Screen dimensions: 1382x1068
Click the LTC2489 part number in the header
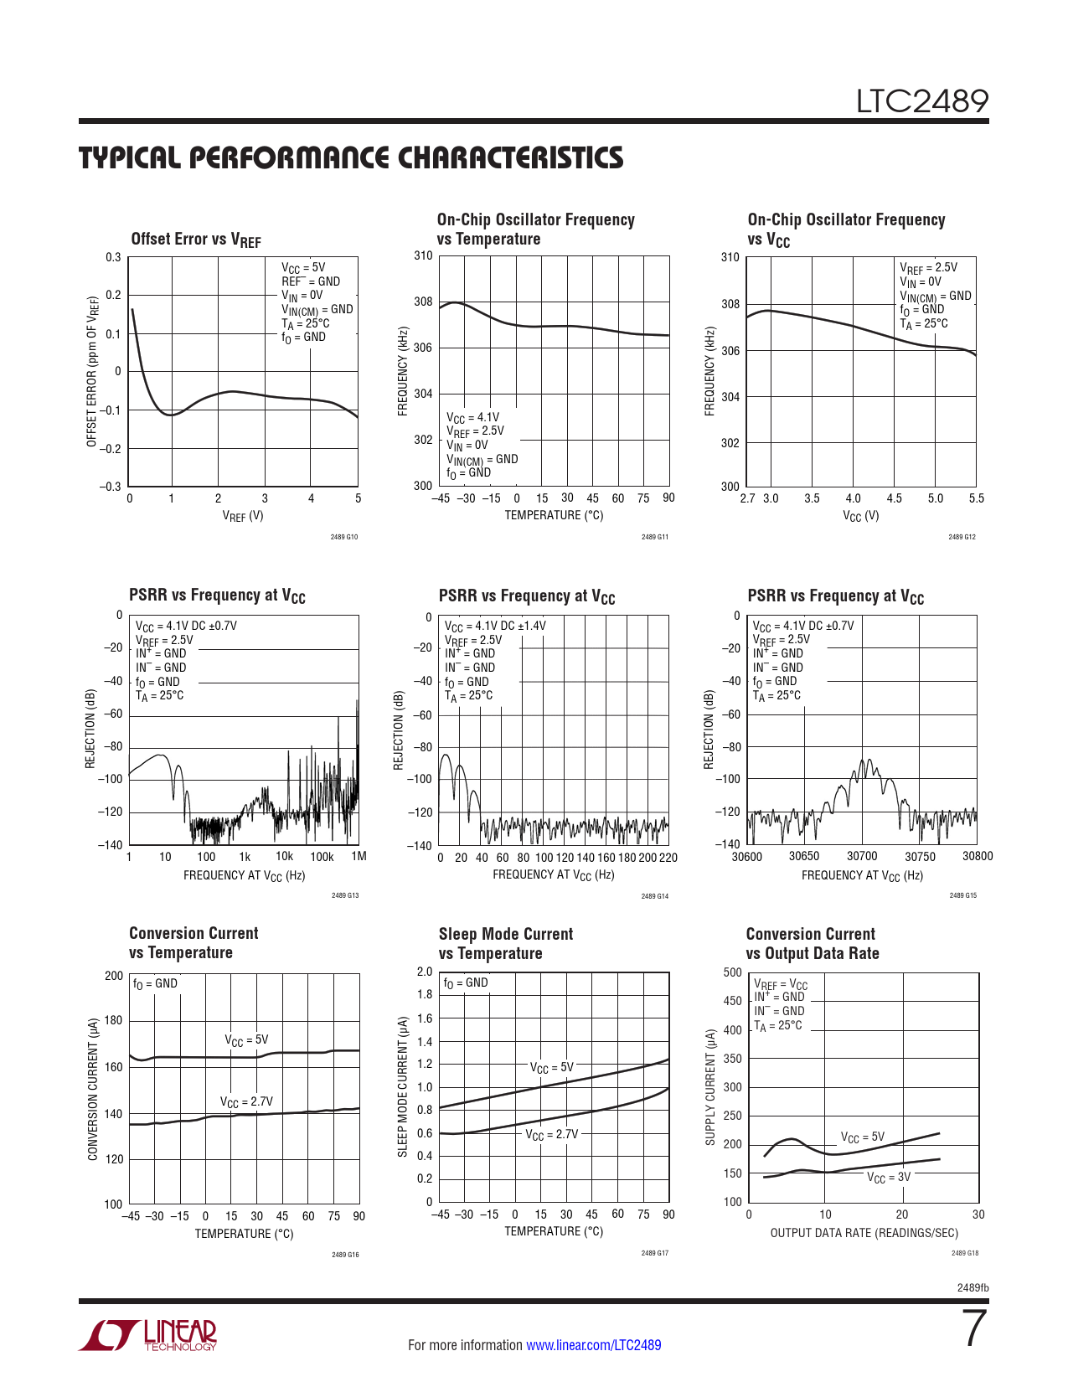[921, 101]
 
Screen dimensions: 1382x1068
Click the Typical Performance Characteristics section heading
[351, 157]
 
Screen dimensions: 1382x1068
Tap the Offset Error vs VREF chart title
[196, 240]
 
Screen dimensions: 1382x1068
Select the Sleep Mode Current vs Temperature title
[505, 943]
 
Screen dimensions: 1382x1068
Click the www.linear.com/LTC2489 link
[593, 1345]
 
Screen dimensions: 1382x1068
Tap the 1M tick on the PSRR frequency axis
[359, 856]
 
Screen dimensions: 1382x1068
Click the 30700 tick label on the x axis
[862, 856]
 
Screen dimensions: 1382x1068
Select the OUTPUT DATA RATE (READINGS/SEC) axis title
[864, 1233]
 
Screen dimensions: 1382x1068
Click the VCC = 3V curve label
[888, 1178]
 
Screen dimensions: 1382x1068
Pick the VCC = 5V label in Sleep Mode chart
[551, 1068]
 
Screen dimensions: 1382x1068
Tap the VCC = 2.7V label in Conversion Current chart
[246, 1102]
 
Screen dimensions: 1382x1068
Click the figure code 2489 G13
[345, 896]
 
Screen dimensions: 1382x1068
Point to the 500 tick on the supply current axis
[732, 972]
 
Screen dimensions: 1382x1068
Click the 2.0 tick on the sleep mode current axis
[425, 972]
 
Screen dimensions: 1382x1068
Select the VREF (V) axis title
[243, 516]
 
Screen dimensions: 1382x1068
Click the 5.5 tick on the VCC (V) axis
[976, 498]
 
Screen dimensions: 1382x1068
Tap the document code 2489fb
[973, 1287]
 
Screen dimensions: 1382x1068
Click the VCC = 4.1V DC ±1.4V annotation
[494, 626]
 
